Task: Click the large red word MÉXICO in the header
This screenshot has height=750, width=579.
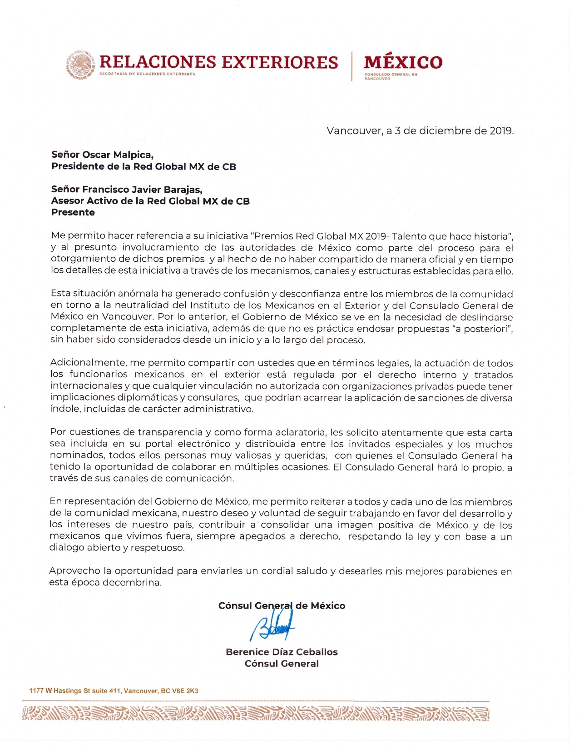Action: click(x=403, y=62)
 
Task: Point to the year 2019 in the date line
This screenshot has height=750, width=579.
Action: click(x=501, y=131)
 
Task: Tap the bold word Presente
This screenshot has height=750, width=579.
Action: click(x=73, y=212)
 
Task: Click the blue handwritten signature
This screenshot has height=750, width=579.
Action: click(x=272, y=625)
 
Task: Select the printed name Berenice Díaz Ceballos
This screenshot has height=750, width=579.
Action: click(x=282, y=652)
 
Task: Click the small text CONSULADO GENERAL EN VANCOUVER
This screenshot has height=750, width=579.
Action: click(x=391, y=76)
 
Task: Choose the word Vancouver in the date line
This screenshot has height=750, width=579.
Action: click(x=354, y=131)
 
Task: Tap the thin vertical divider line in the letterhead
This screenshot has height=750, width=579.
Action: click(x=351, y=66)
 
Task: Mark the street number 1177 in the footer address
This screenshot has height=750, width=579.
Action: click(x=36, y=691)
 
